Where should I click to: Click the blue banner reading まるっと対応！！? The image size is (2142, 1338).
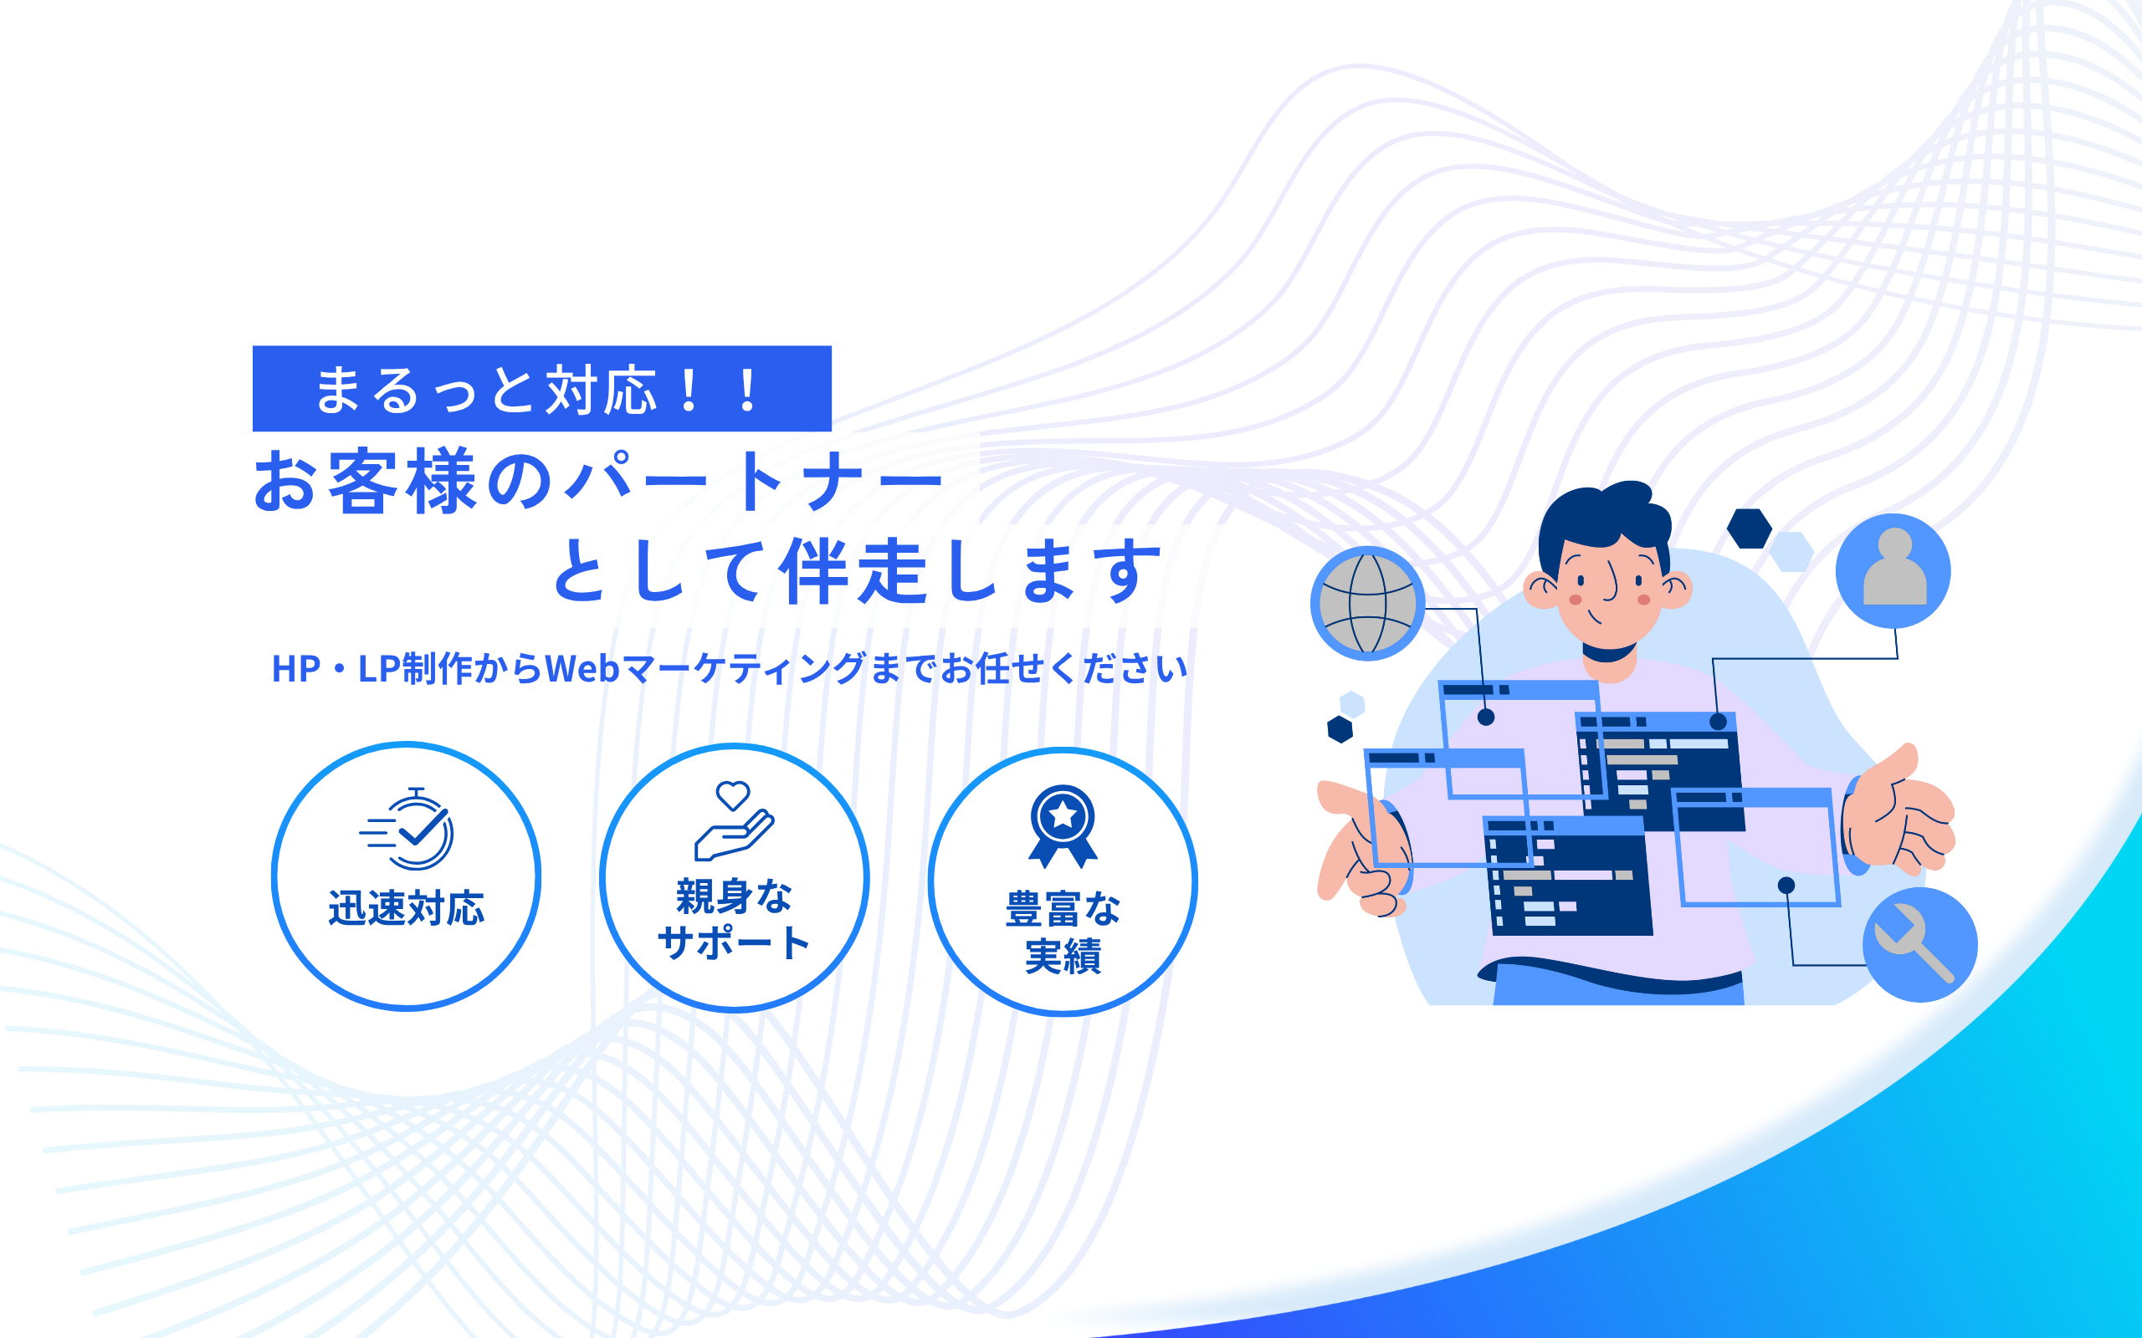[541, 389]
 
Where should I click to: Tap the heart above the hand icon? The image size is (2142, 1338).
[733, 795]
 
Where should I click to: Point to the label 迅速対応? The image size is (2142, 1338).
[407, 908]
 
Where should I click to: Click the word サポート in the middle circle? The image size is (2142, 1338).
[734, 943]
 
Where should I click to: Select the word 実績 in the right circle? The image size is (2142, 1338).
[1063, 957]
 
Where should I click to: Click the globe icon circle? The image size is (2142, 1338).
[1367, 604]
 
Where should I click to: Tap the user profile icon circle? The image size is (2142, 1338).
[1893, 571]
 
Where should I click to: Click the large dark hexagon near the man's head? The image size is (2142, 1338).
[1749, 529]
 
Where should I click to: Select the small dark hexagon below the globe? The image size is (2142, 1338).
[1340, 730]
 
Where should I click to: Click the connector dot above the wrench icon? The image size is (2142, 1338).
[1786, 886]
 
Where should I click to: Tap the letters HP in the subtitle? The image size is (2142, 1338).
[295, 669]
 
